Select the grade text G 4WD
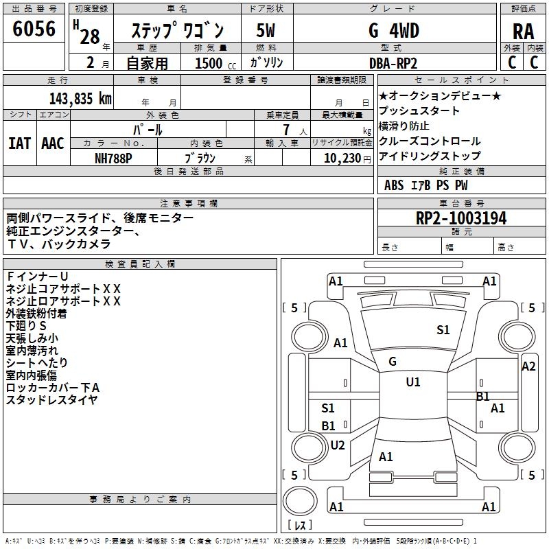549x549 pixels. pyautogui.click(x=394, y=30)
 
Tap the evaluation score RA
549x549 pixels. pyautogui.click(x=523, y=31)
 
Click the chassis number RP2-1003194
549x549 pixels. pyautogui.click(x=461, y=218)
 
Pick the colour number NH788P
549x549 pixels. pyautogui.click(x=114, y=156)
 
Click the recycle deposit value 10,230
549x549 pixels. pyautogui.click(x=338, y=156)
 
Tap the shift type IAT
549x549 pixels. pyautogui.click(x=19, y=143)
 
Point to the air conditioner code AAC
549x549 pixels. pyautogui.click(x=53, y=143)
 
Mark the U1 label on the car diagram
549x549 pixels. pyautogui.click(x=413, y=382)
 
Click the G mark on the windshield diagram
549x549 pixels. pyautogui.click(x=392, y=362)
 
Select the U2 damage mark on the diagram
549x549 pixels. pyautogui.click(x=337, y=445)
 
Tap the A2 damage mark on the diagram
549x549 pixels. pyautogui.click(x=528, y=366)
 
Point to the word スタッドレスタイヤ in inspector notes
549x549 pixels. pyautogui.click(x=51, y=399)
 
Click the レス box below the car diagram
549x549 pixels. pyautogui.click(x=301, y=526)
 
